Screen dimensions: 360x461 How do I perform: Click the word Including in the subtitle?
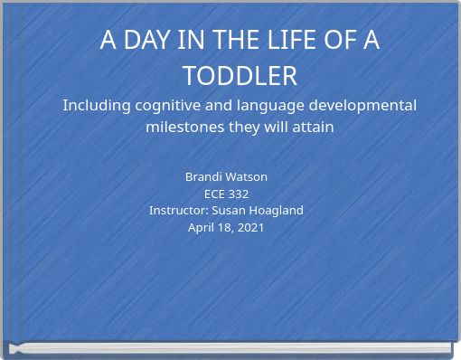97,106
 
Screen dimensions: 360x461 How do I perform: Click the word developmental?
365,106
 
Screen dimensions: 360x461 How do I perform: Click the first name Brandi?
204,176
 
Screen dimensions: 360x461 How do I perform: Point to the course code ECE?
214,194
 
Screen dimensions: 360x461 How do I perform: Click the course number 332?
239,194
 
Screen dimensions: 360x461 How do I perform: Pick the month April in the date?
202,227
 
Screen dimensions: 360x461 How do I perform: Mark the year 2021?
249,227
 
